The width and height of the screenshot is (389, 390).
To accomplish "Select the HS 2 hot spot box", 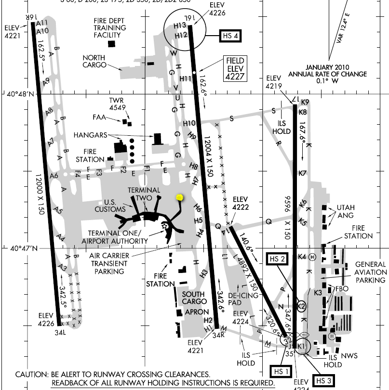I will (x=277, y=259).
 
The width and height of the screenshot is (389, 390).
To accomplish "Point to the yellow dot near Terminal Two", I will (x=180, y=197).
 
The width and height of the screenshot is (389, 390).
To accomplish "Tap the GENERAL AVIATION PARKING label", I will (x=371, y=272).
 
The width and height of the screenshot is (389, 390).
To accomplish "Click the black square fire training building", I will (x=112, y=44).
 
